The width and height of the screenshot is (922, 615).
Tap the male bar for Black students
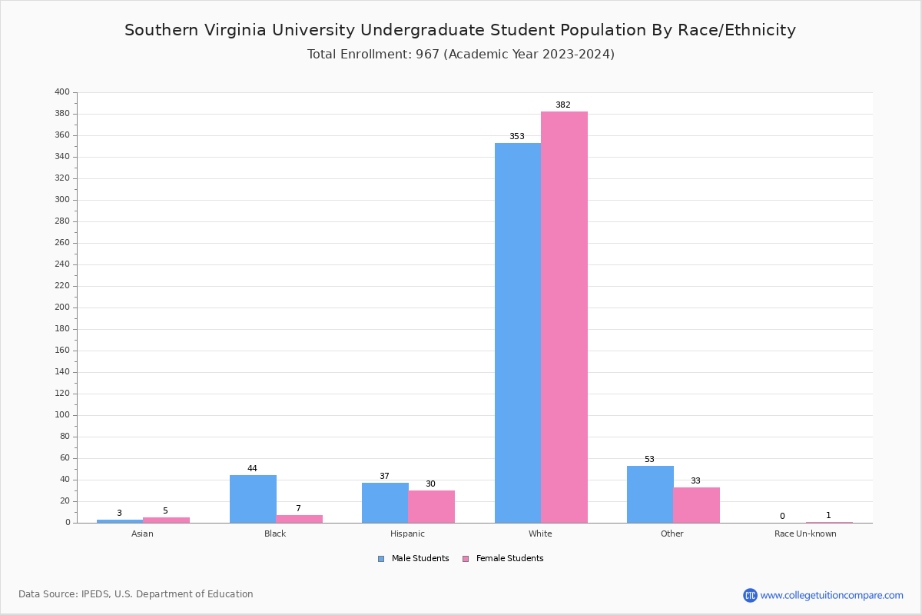tap(253, 499)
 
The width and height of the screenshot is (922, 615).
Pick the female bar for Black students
tap(299, 519)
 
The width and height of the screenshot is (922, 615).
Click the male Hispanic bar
tap(385, 503)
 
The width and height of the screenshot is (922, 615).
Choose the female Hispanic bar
tap(431, 507)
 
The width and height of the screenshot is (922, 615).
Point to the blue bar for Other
tap(650, 494)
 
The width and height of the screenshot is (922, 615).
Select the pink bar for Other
tap(696, 505)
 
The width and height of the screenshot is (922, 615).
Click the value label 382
tap(563, 105)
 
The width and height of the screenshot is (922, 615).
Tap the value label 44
tap(252, 469)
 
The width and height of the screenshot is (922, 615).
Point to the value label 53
tap(649, 460)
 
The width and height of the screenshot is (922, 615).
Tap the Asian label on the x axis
tap(142, 534)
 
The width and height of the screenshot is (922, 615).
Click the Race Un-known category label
tap(805, 534)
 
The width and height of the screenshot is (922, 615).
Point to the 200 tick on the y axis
tap(62, 307)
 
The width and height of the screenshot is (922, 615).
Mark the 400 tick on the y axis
tap(62, 92)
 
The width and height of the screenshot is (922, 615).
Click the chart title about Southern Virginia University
tap(460, 30)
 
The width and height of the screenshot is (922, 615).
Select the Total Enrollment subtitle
tap(460, 54)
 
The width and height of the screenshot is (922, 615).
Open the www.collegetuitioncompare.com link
tap(831, 595)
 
